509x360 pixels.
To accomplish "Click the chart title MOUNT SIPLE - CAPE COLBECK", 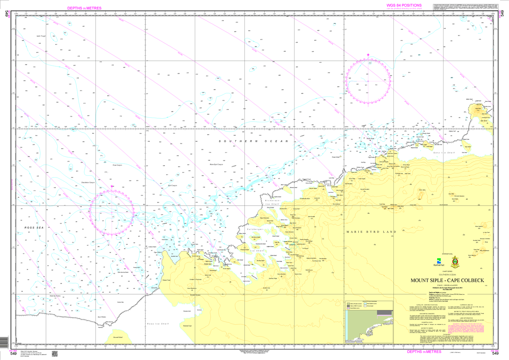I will [447, 280].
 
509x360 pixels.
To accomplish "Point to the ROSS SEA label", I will [34, 228].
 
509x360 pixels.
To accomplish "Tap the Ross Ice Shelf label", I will [158, 324].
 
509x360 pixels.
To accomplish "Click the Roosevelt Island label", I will [118, 337].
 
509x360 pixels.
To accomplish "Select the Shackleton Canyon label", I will [88, 182].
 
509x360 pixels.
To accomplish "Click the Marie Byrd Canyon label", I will [216, 165].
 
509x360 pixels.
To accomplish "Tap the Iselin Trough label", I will [41, 36].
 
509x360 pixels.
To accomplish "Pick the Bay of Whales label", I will [102, 317].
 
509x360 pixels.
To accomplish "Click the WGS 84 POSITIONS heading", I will [404, 5].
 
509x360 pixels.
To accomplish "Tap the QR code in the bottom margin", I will [55, 354].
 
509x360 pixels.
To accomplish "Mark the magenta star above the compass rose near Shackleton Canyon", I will [112, 186].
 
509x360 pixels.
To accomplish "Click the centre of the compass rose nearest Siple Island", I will [368, 81].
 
